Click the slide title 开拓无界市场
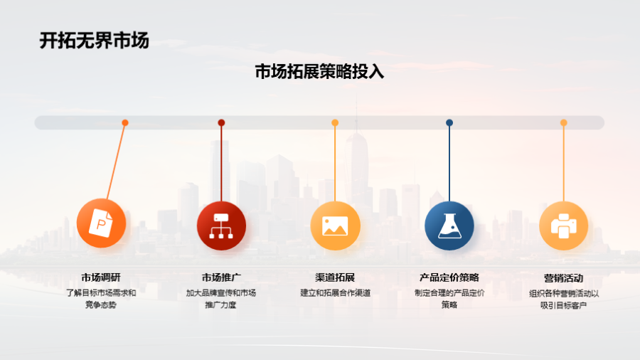tap(95, 41)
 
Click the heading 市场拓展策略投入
tap(319, 71)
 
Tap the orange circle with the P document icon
tap(101, 223)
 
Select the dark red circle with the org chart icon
tap(221, 226)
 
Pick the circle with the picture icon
tap(335, 226)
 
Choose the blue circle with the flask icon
tap(449, 226)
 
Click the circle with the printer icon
tap(564, 226)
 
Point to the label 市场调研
tap(101, 277)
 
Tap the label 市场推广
tap(221, 277)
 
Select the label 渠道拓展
tap(335, 277)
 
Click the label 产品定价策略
tap(449, 277)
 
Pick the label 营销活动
tap(564, 278)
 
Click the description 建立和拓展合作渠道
tap(335, 292)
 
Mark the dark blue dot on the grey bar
tap(449, 122)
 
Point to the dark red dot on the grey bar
tap(221, 122)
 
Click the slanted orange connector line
tap(116, 161)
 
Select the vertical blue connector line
tap(449, 162)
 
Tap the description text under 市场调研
tap(101, 299)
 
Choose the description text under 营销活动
tap(564, 300)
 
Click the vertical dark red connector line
tap(221, 162)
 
